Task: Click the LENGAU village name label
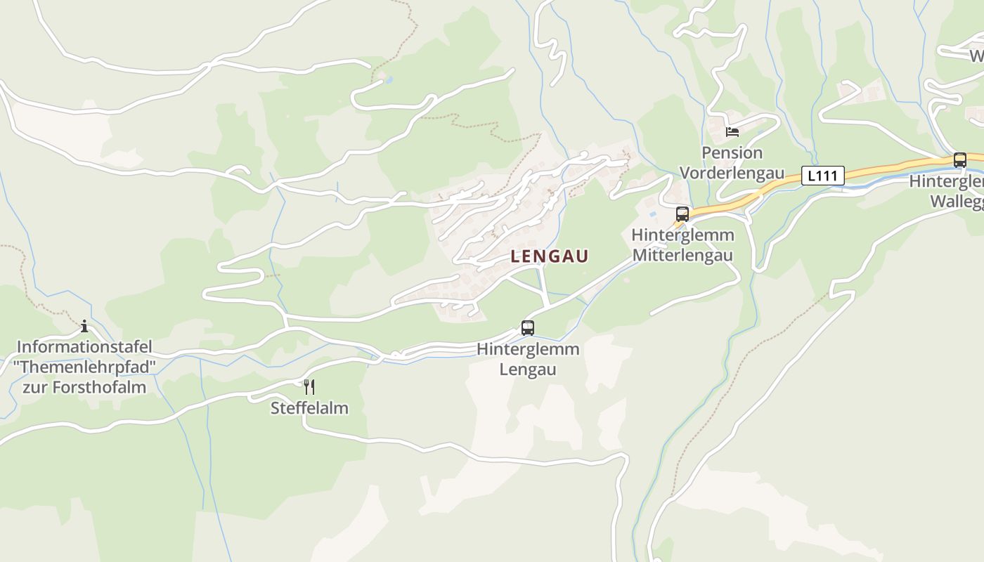pos(549,257)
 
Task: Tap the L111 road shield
pos(822,176)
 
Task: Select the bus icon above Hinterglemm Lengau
pos(527,327)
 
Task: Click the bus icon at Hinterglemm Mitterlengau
pos(682,214)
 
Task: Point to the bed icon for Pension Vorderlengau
pos(732,131)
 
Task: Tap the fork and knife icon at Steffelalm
pos(309,386)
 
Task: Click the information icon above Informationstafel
pos(84,326)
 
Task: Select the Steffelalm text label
pos(309,408)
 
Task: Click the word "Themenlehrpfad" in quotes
pos(84,367)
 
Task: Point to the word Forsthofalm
pos(103,387)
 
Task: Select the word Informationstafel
pos(84,347)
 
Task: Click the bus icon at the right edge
pos(959,159)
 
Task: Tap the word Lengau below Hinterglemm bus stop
pos(528,370)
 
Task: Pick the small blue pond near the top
pos(389,80)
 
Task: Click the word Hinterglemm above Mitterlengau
pos(682,235)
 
